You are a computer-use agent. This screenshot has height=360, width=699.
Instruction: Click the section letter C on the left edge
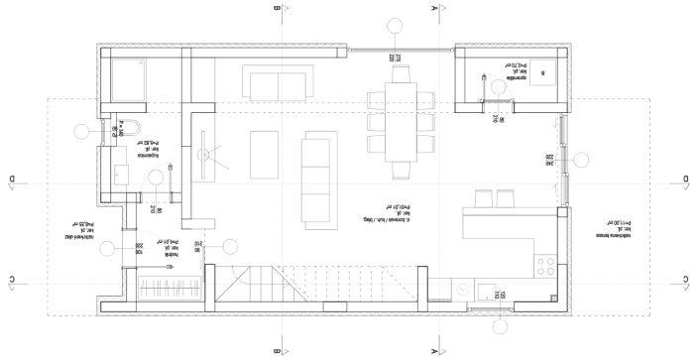(x=11, y=279)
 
